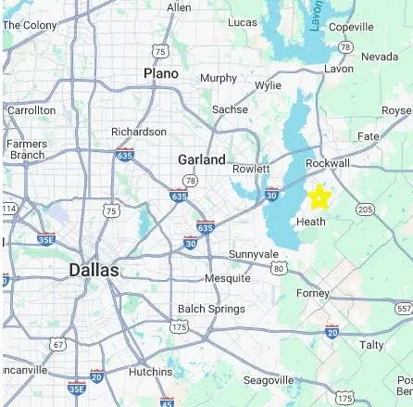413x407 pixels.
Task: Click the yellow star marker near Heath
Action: [319, 197]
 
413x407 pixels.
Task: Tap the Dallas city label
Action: [94, 270]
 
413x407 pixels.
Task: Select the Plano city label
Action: [161, 72]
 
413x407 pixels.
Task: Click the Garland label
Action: [202, 159]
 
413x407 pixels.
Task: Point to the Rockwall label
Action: [328, 163]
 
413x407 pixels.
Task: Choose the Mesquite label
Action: [227, 278]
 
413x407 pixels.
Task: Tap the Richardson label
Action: [139, 132]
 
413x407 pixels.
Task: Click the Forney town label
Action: [313, 293]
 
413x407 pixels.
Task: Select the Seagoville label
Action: [268, 380]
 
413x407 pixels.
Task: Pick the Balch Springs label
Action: [211, 309]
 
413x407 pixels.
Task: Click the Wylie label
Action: [268, 84]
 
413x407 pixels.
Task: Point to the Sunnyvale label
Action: [253, 253]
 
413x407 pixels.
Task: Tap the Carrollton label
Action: [31, 109]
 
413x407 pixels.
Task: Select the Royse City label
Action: [396, 110]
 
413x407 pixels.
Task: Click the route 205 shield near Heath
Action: [365, 210]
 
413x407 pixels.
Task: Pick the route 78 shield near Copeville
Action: [344, 46]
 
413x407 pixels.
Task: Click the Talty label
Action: [371, 344]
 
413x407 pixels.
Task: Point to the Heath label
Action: [311, 222]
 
